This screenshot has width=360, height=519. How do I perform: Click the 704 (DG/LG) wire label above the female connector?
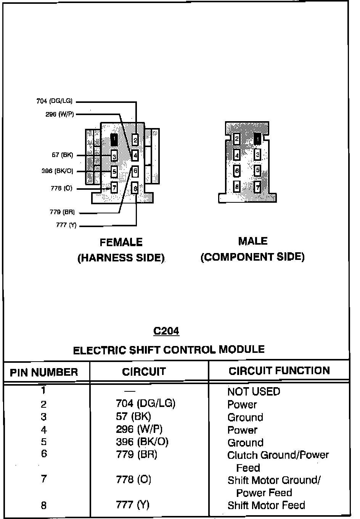pyautogui.click(x=54, y=101)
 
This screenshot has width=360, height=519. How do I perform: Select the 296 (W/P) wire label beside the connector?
pyautogui.click(x=59, y=114)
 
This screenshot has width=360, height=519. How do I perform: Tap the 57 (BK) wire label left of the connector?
pyautogui.click(x=62, y=155)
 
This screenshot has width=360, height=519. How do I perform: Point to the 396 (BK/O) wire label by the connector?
pyautogui.click(x=57, y=171)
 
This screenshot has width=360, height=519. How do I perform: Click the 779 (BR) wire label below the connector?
pyautogui.click(x=62, y=212)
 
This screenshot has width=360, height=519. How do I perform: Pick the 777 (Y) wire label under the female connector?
pyautogui.click(x=66, y=225)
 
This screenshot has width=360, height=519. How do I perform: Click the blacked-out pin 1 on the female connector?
pyautogui.click(x=114, y=139)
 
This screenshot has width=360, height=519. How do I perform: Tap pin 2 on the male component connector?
pyautogui.click(x=237, y=139)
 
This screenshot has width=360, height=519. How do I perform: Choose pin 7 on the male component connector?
pyautogui.click(x=258, y=187)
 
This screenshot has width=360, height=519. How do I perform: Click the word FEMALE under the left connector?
pyautogui.click(x=121, y=242)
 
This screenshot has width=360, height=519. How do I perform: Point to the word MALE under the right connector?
pyautogui.click(x=253, y=241)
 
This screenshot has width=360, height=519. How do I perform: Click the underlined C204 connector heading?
pyautogui.click(x=166, y=331)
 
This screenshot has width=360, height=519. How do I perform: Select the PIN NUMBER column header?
pyautogui.click(x=44, y=372)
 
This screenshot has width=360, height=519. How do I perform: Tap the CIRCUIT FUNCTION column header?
pyautogui.click(x=279, y=371)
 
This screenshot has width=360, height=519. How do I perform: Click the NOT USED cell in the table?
pyautogui.click(x=254, y=391)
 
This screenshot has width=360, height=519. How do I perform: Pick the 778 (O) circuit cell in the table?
pyautogui.click(x=133, y=479)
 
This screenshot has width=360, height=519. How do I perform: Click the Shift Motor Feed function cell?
pyautogui.click(x=266, y=505)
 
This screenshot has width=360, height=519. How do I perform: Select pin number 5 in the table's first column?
pyautogui.click(x=44, y=442)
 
